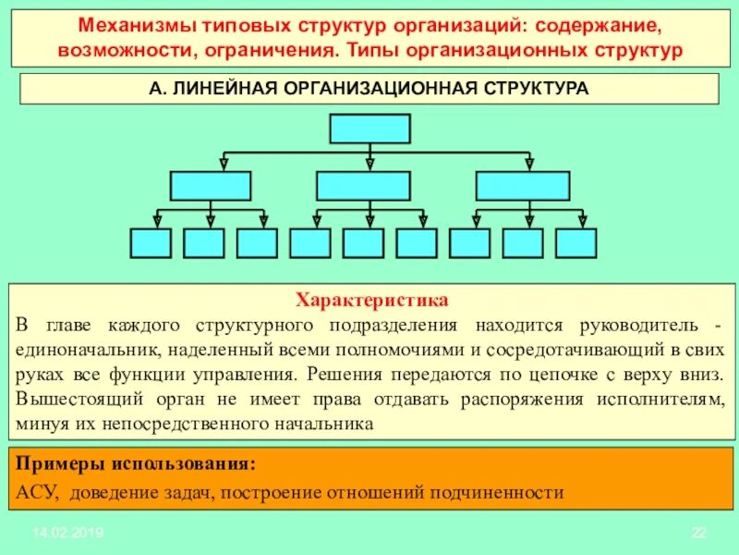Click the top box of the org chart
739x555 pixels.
(x=369, y=129)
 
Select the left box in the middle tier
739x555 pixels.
(x=211, y=186)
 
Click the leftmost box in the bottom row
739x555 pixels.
(x=151, y=242)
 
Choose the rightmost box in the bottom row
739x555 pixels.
(x=576, y=242)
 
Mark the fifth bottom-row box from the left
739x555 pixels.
(x=363, y=242)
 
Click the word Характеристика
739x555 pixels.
(x=371, y=301)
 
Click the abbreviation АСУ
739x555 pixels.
(x=37, y=492)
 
